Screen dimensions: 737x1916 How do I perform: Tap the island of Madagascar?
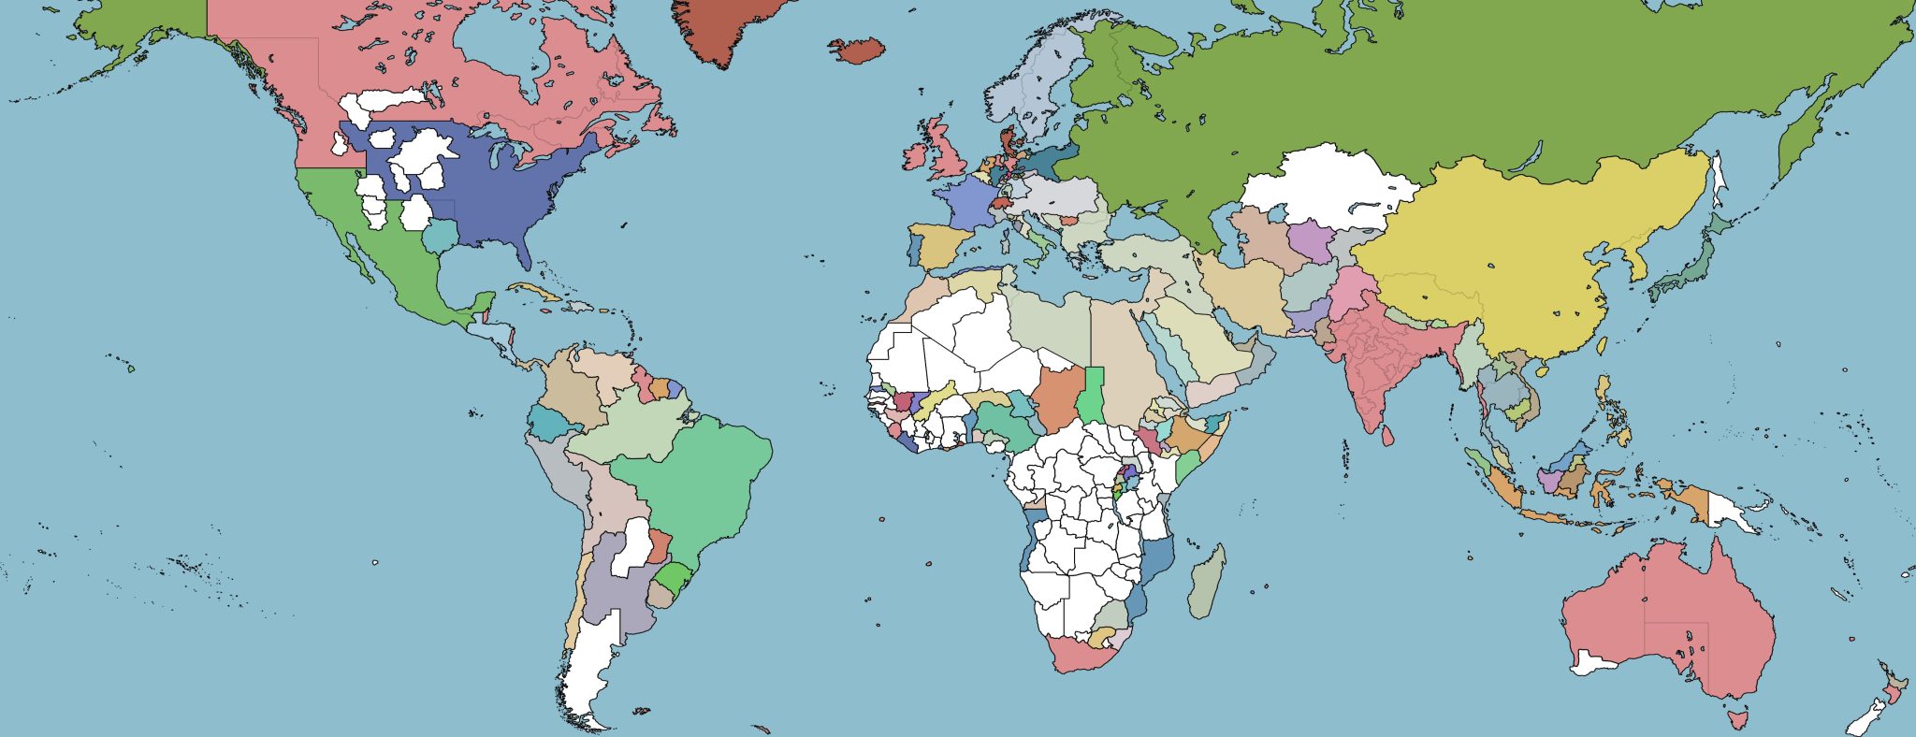point(1206,582)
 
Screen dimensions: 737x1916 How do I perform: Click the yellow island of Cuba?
point(534,291)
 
